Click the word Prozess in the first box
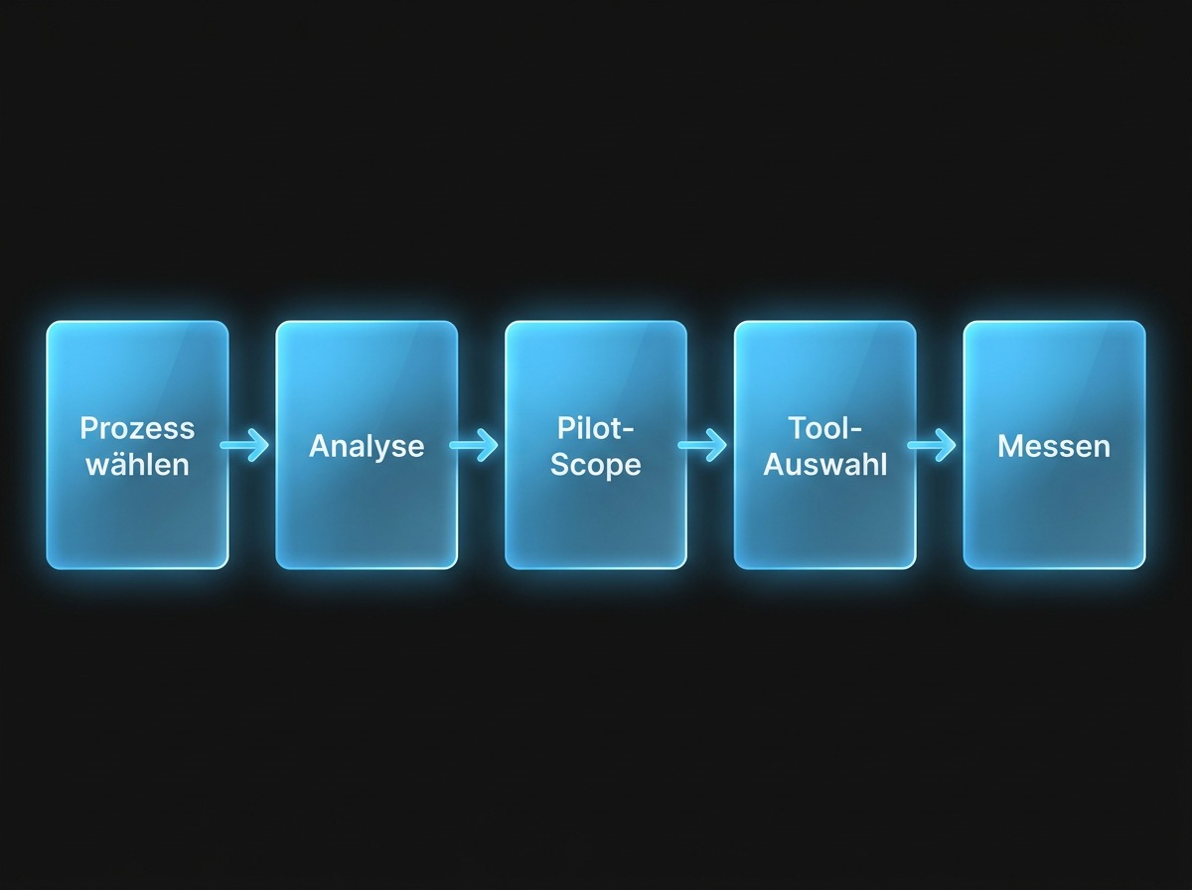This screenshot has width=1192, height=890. click(x=137, y=428)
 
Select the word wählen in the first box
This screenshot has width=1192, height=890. click(x=137, y=464)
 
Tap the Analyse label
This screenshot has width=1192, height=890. click(x=367, y=446)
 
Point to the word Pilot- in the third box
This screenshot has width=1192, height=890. click(x=595, y=428)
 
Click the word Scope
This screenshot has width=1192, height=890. click(x=595, y=464)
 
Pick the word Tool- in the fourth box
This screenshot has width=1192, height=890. click(x=824, y=428)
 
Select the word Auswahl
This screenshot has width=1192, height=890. click(x=824, y=464)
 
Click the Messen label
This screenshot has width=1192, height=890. click(x=1054, y=446)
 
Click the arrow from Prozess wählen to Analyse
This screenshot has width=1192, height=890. click(x=245, y=446)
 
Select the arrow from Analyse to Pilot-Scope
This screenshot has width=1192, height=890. click(x=474, y=446)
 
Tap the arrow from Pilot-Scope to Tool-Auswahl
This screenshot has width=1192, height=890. click(x=703, y=446)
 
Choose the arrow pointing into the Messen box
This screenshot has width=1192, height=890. click(x=933, y=446)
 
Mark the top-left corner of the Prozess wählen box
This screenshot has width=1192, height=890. click(x=50, y=325)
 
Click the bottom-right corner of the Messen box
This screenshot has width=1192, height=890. click(x=1142, y=566)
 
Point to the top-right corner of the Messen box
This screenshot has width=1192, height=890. click(x=1142, y=325)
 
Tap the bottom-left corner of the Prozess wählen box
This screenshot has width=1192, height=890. click(x=50, y=566)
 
